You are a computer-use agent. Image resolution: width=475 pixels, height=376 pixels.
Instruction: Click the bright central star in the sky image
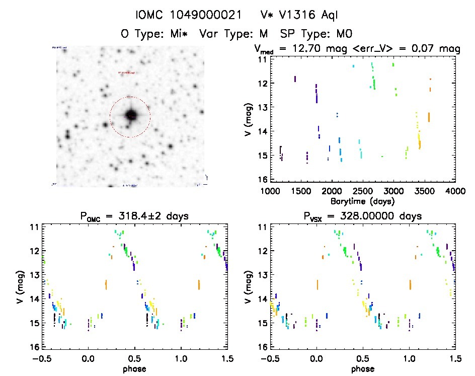coord(130,115)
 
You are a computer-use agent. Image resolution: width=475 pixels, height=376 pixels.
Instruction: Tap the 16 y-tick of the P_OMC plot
coord(35,347)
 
